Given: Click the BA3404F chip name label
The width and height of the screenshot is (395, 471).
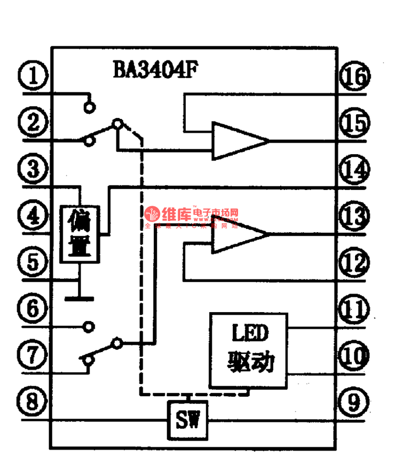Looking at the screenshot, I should coord(155,70).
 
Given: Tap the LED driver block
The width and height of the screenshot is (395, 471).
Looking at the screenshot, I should coord(249,349).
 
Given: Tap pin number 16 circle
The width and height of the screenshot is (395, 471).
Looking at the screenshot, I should coord(355,77).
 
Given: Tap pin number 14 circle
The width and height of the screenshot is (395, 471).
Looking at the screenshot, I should coord(355,170).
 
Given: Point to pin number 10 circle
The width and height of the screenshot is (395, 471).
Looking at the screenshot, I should coord(355,356).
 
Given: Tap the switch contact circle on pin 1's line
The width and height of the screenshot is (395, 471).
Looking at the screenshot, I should coord(90,107).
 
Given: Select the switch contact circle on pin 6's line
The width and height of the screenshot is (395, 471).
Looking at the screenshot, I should coord(90,327).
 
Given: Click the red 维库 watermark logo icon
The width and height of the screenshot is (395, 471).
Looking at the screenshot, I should coord(152,214).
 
